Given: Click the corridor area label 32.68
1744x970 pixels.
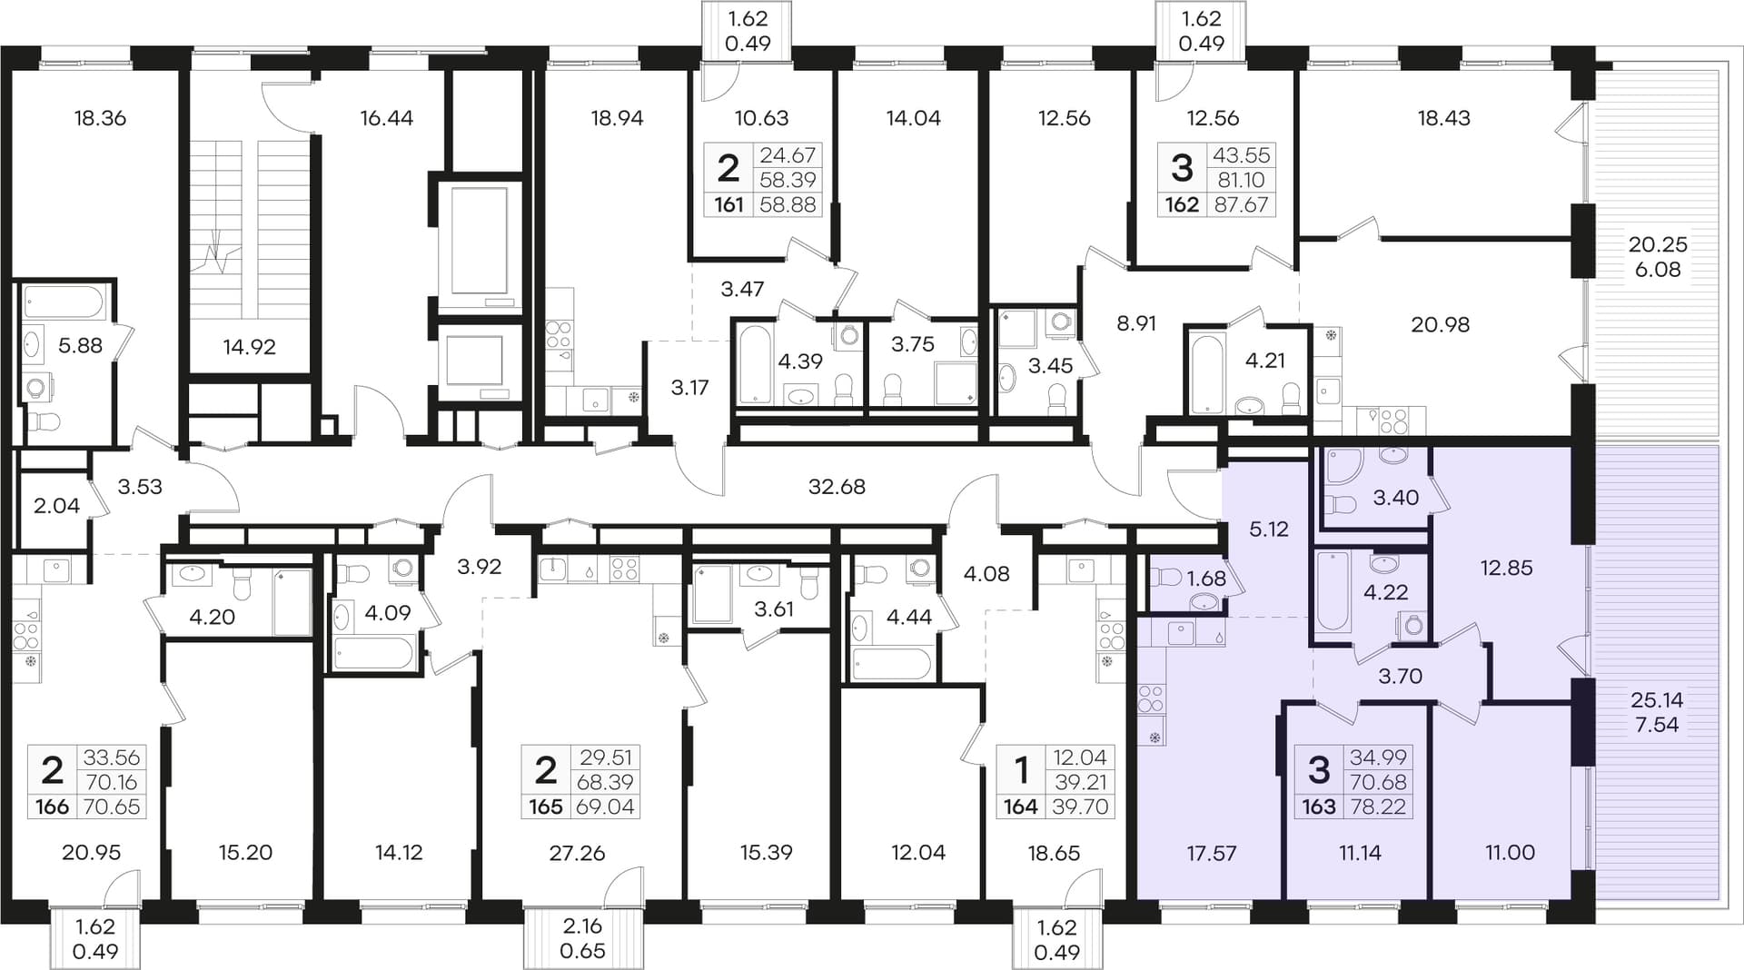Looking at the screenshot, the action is click(837, 487).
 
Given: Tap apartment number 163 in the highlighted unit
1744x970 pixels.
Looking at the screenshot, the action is click(1319, 807).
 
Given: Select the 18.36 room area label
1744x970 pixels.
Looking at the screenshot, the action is click(100, 118).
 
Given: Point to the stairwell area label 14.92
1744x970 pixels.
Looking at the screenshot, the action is click(249, 346).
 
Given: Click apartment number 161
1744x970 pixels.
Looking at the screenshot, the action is click(728, 205).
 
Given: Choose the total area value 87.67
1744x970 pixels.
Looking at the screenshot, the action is click(1241, 205).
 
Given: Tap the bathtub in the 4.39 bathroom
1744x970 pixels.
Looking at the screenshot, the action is click(755, 363).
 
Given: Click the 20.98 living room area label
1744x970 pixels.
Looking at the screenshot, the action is click(1440, 324).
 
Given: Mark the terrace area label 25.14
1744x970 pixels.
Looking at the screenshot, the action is click(1657, 700).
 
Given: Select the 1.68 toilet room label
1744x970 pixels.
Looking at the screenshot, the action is click(1206, 579).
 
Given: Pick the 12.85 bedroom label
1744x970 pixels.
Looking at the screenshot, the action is click(1506, 568).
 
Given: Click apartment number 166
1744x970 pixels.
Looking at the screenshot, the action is click(53, 807).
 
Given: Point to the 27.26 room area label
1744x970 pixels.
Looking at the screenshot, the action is click(577, 853).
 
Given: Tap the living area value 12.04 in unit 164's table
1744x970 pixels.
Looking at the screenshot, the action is click(1080, 757).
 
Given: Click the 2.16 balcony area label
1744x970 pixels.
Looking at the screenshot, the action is click(582, 926).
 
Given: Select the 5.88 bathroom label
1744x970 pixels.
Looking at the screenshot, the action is click(80, 345).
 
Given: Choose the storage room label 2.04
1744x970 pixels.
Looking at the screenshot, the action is click(56, 506).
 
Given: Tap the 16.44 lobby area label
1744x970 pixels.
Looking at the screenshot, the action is click(386, 118).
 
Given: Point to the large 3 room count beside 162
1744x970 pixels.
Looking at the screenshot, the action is click(1182, 168).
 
